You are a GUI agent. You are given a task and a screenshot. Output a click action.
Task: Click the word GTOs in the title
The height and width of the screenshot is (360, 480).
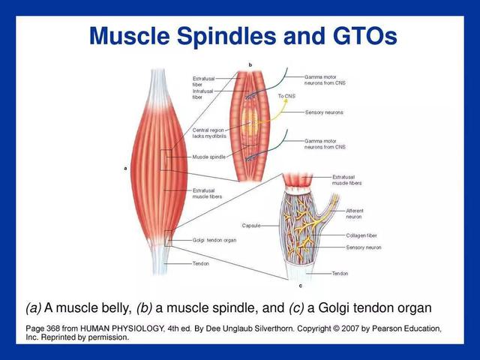tap(365, 36)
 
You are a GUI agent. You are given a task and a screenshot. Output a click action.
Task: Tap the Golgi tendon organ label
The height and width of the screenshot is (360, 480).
tap(214, 240)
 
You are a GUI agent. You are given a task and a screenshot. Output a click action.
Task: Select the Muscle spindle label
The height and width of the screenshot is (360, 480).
tap(208, 157)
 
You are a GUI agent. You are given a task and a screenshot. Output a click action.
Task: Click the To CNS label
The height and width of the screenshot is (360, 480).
tap(286, 96)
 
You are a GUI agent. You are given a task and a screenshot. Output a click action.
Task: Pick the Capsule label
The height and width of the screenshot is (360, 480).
tap(251, 226)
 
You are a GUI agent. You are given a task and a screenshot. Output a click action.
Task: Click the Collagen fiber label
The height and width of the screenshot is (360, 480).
tap(361, 235)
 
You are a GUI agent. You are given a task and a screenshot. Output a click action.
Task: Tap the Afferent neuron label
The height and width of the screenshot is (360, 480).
tap(355, 214)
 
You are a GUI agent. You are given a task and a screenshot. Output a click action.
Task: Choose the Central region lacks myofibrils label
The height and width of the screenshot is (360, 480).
tap(209, 133)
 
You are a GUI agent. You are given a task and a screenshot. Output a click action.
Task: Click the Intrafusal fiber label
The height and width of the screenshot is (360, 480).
tap(202, 94)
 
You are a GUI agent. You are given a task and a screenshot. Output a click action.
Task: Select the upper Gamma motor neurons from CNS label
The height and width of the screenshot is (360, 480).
tap(325, 80)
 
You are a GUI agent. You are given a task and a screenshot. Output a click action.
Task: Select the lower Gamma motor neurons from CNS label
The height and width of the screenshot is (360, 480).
tap(325, 144)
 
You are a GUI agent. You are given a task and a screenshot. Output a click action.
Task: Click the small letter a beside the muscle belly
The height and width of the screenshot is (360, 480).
tap(125, 168)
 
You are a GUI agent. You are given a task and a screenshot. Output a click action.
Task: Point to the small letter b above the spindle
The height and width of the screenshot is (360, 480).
tap(250, 65)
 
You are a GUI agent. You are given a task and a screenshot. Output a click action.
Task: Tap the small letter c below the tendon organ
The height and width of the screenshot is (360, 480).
tap(300, 286)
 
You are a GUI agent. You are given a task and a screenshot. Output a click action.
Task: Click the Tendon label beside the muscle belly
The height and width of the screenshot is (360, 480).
tap(200, 263)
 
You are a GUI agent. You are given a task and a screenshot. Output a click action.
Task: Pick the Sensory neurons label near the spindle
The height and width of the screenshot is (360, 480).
tap(324, 112)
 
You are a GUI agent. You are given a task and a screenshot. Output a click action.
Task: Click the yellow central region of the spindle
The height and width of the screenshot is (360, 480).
tap(250, 121)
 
